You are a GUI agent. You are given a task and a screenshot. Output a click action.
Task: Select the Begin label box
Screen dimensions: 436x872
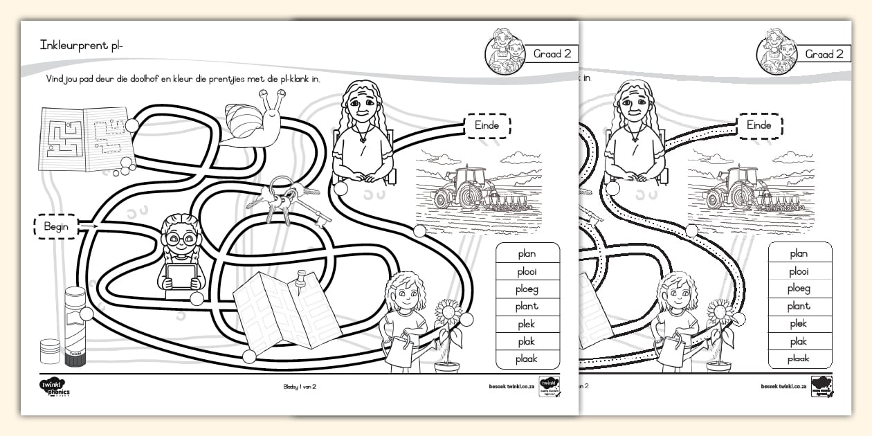pos(56,226)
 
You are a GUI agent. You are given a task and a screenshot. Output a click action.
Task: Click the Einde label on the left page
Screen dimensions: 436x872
pos(487,125)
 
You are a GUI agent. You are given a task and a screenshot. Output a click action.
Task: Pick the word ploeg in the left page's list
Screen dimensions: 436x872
pos(527,289)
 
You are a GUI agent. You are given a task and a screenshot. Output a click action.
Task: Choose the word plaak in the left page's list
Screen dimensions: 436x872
pos(527,358)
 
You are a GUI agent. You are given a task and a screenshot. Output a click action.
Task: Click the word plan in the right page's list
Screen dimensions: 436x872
pos(799,254)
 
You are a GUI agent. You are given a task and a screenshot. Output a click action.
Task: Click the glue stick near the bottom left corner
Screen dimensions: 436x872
pos(75,326)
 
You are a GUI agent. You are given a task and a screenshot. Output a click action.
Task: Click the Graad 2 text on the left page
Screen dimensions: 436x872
pos(553,54)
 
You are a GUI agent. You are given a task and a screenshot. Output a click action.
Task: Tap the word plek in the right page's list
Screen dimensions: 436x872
pos(799,324)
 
